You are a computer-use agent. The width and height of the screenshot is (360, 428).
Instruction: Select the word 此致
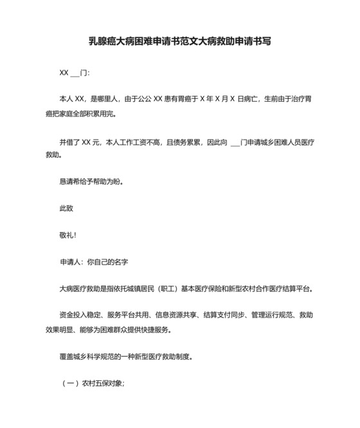pyautogui.click(x=67, y=209)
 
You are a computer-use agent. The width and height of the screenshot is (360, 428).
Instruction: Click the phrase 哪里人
pyautogui.click(x=105, y=100)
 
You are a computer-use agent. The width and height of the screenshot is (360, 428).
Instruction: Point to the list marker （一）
pyautogui.click(x=69, y=384)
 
